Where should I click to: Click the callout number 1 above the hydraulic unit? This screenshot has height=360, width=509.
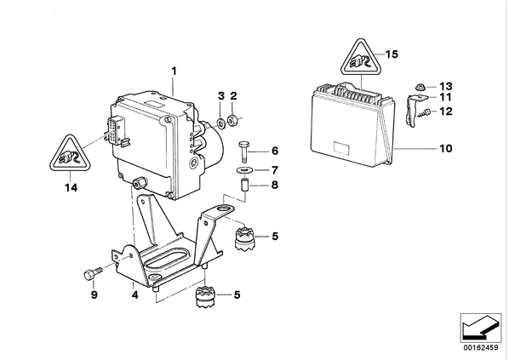[x=174, y=71]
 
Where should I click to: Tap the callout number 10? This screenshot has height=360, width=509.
[x=446, y=148]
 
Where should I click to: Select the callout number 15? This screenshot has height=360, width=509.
[x=392, y=54]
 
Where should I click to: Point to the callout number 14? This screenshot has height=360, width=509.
[x=71, y=187]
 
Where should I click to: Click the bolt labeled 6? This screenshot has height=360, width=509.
[x=243, y=151]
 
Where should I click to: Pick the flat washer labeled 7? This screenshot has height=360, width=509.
[x=241, y=169]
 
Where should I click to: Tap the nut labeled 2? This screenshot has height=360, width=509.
[x=233, y=121]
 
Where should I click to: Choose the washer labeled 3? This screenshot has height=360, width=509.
[x=221, y=123]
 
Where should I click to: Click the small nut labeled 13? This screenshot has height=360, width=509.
[x=420, y=88]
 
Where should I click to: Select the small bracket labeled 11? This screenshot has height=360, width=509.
[x=413, y=110]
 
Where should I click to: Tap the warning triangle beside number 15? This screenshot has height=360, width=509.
[x=362, y=58]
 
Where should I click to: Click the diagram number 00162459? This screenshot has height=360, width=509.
[x=480, y=348]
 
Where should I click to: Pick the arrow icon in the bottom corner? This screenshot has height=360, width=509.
[x=480, y=328]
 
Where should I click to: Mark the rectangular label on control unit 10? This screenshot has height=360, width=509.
[x=341, y=149]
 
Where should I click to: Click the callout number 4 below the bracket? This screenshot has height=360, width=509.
[x=134, y=294]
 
